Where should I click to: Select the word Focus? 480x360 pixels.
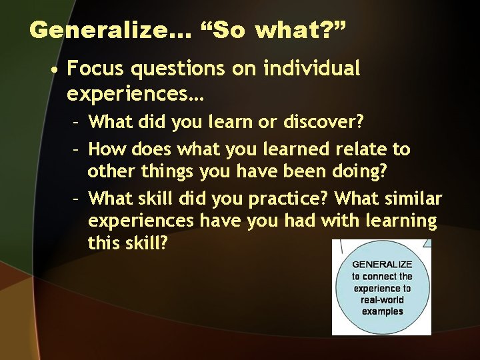tap(94, 68)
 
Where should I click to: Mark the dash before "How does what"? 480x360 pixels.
tap(77, 149)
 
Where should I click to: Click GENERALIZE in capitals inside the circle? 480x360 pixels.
tap(382, 265)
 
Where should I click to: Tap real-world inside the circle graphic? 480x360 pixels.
tap(382, 300)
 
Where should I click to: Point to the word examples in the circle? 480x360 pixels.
tap(382, 311)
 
